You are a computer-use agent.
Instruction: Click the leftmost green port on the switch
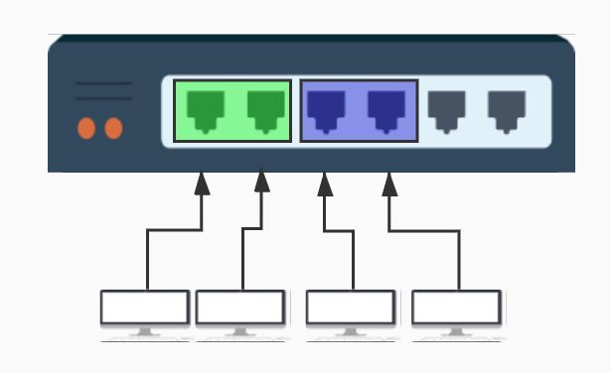point(205,110)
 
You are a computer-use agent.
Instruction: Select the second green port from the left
point(265,110)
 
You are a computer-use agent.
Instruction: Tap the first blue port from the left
point(326,110)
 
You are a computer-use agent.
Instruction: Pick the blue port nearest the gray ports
point(386,110)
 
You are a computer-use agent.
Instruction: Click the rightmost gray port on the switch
point(507,110)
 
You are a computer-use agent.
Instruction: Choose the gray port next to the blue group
point(446,110)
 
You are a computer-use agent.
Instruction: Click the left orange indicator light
point(86,128)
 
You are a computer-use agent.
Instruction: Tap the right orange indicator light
point(113,128)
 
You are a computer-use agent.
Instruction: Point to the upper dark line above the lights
point(103,84)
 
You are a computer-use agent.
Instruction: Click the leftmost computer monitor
point(145,308)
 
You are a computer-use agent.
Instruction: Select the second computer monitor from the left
point(240,308)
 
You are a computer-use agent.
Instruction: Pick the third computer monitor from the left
point(351,308)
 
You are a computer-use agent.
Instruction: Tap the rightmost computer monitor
point(457,308)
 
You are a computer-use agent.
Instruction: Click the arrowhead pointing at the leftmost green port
point(203,184)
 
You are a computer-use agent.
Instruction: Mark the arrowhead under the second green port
point(262,184)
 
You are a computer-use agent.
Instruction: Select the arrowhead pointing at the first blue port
point(325,184)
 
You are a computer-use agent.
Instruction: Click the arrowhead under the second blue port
point(389,184)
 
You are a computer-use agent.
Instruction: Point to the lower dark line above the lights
point(103,98)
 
